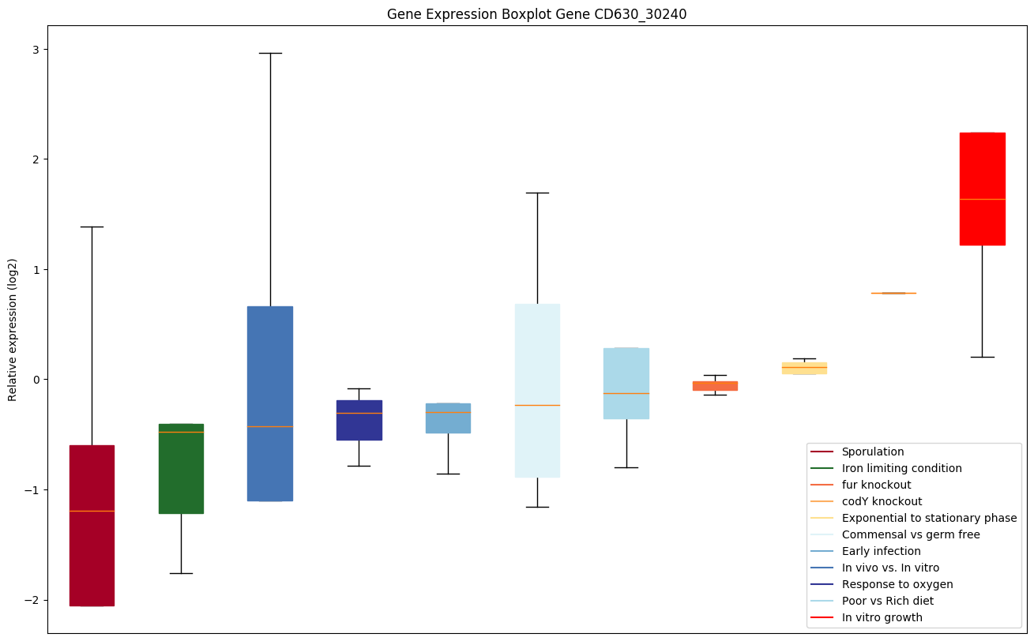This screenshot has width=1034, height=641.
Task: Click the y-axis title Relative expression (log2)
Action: (x=13, y=329)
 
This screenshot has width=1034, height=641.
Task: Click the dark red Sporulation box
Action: (x=92, y=525)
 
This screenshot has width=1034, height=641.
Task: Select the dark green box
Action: (x=181, y=469)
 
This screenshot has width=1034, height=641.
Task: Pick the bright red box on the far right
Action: (x=982, y=189)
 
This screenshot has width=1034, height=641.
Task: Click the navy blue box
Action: (x=359, y=420)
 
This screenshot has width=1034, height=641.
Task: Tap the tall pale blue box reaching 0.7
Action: (x=537, y=391)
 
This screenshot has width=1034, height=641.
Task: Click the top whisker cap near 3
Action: (x=270, y=53)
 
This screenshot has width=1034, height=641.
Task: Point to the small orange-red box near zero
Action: (x=715, y=385)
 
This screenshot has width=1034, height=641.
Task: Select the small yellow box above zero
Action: (x=804, y=368)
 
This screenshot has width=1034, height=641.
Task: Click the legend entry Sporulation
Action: (x=872, y=452)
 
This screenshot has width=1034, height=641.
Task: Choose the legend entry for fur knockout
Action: (x=876, y=485)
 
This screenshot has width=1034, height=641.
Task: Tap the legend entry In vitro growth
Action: (x=882, y=617)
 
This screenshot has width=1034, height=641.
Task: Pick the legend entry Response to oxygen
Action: (x=897, y=584)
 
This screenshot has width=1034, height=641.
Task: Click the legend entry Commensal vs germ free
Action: (x=910, y=534)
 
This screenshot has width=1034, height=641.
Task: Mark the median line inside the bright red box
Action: (x=982, y=199)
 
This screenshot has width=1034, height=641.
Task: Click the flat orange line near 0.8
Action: (x=893, y=293)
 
